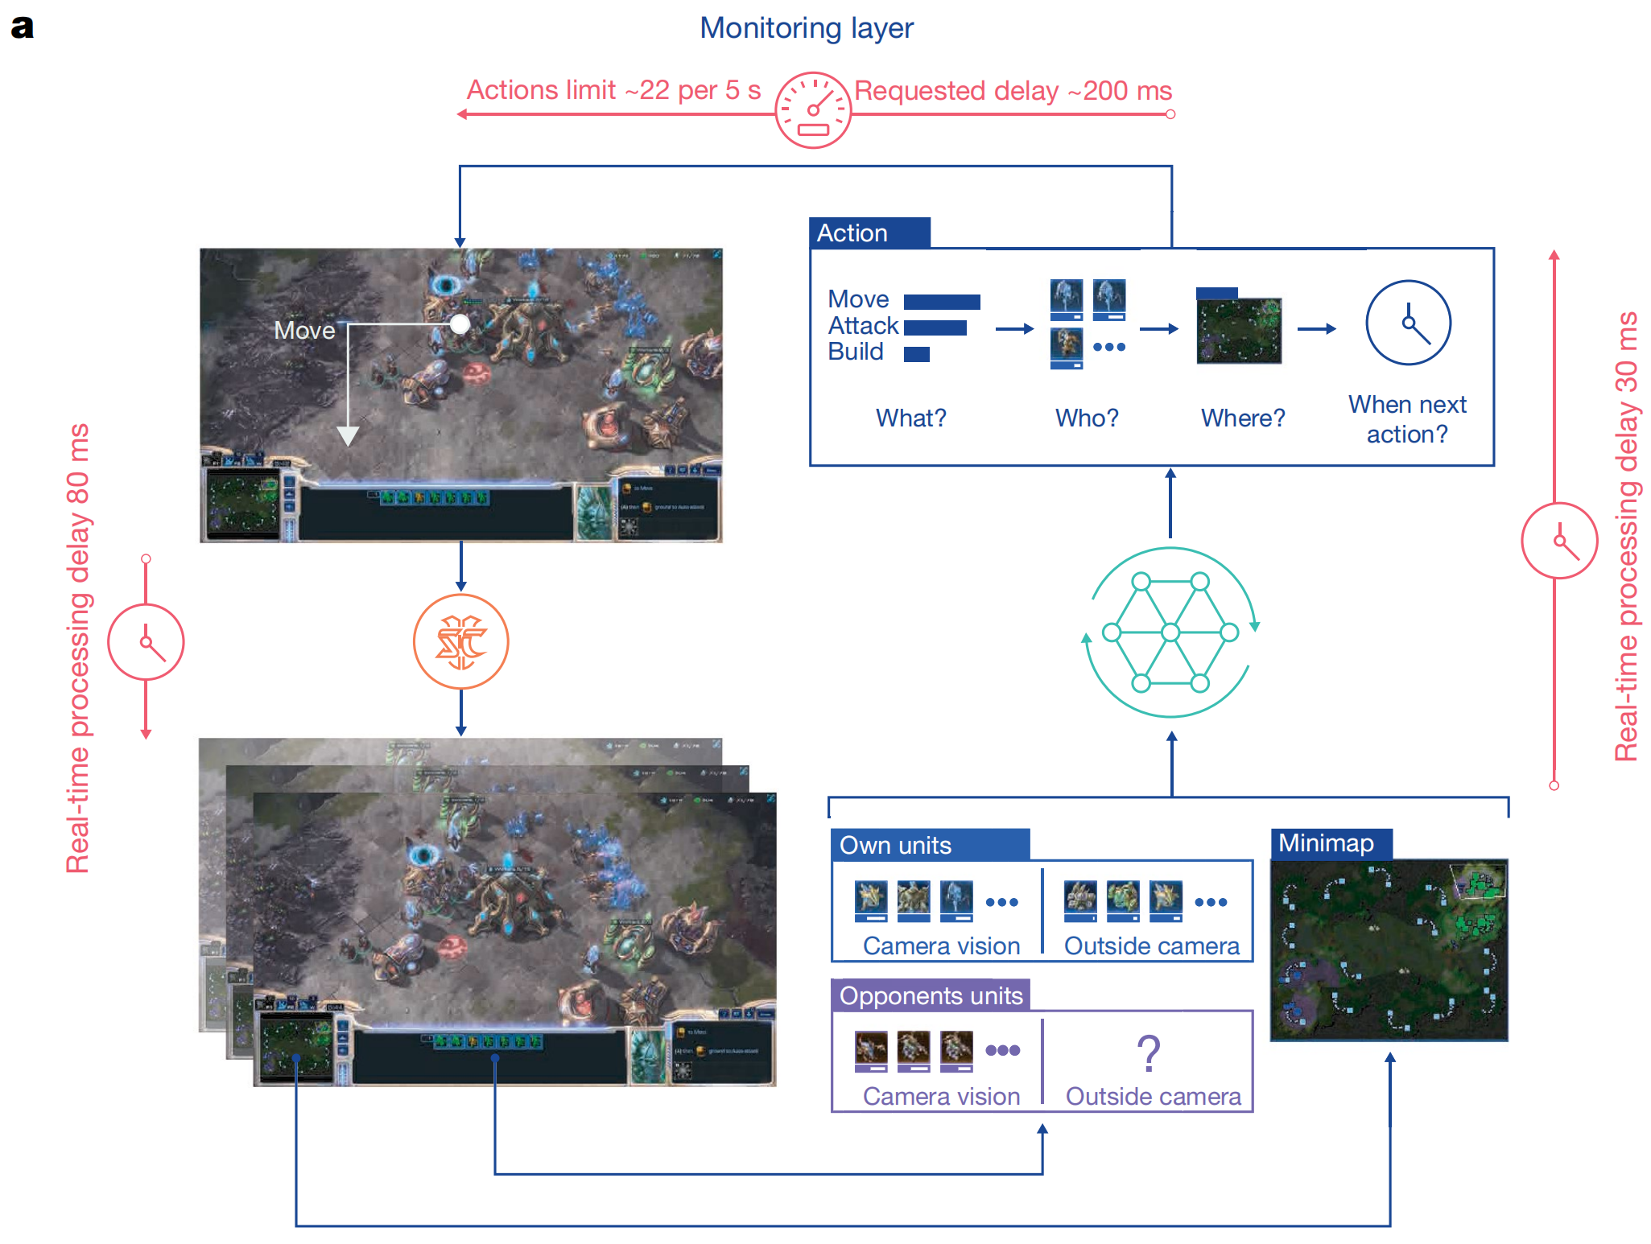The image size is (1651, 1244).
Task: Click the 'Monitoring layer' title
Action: click(x=806, y=28)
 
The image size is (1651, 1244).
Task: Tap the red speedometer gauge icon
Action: click(x=812, y=110)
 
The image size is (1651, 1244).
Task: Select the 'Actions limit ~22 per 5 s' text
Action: click(x=613, y=90)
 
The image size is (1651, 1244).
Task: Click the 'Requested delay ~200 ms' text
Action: click(x=1013, y=91)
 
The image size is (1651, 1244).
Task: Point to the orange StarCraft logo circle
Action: click(x=460, y=641)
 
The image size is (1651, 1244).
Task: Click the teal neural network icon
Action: click(x=1170, y=632)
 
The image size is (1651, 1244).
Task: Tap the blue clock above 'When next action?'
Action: click(x=1408, y=323)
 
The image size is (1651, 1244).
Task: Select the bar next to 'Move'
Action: click(x=942, y=302)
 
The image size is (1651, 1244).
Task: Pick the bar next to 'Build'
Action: click(x=916, y=354)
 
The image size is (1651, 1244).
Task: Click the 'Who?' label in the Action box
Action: click(x=1087, y=418)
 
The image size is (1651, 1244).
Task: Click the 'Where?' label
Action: click(x=1243, y=418)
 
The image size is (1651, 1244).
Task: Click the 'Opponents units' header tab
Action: click(x=931, y=995)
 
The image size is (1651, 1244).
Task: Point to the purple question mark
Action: click(x=1149, y=1052)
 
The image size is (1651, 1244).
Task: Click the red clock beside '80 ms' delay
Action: click(x=146, y=642)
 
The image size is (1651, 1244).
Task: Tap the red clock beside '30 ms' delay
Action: click(x=1559, y=541)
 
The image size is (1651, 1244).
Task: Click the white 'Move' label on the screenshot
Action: click(x=304, y=330)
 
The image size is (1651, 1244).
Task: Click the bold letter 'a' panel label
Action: click(x=22, y=27)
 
